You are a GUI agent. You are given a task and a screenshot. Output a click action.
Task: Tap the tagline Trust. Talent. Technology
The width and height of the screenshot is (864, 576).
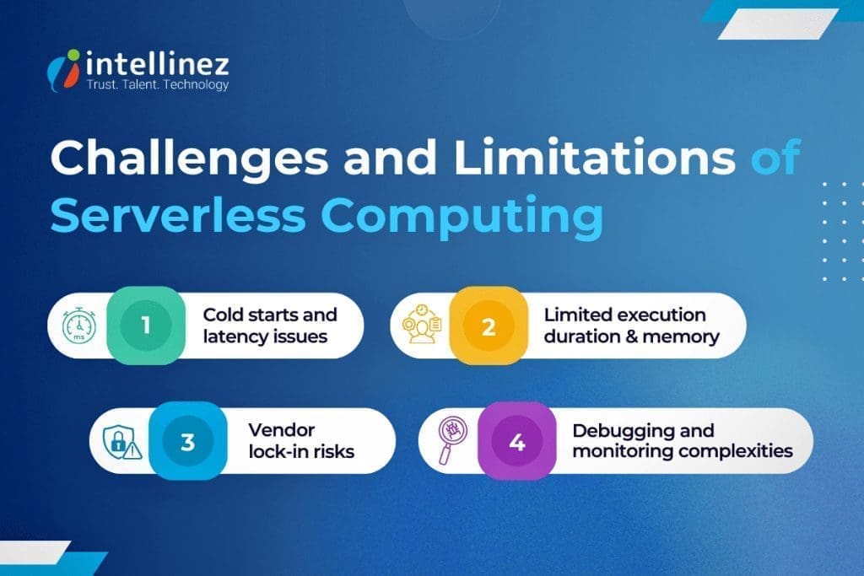tap(157, 85)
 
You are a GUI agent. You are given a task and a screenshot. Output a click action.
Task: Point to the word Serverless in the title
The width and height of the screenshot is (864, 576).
tap(177, 216)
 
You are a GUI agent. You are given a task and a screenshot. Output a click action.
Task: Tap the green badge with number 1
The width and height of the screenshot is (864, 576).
tap(146, 326)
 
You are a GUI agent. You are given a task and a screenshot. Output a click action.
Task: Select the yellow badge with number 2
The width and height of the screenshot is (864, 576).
tap(488, 326)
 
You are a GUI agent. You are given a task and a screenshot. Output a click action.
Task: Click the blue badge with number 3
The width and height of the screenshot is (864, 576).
tap(187, 441)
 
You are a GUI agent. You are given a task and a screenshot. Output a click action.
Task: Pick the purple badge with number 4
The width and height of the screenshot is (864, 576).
tap(516, 441)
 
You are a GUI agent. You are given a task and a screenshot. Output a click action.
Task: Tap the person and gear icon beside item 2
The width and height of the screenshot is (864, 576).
tap(421, 326)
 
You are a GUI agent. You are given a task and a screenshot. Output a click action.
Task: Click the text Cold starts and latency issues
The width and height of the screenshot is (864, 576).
tap(269, 326)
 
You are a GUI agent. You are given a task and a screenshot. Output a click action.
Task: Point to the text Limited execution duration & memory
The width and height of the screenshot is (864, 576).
tap(631, 326)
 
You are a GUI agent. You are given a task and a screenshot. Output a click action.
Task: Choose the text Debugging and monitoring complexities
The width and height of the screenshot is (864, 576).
tap(682, 441)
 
